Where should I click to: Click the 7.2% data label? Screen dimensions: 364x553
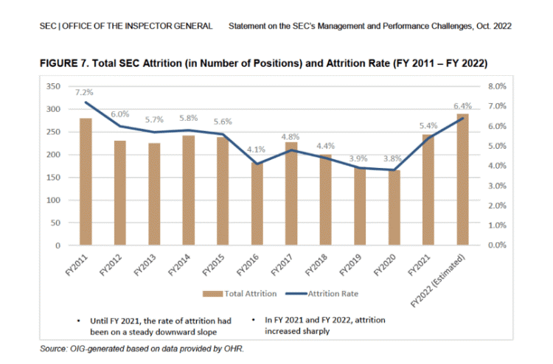(x=83, y=93)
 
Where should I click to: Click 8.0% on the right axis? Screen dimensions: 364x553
(x=498, y=86)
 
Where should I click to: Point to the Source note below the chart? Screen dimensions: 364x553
(x=140, y=349)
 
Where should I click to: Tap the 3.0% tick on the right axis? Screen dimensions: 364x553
(x=498, y=186)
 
